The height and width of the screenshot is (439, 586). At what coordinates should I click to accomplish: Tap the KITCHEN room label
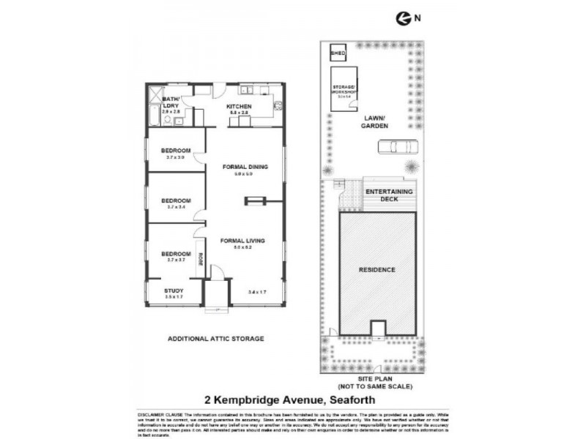click(x=240, y=107)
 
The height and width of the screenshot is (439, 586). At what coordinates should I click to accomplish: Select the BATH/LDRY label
click(x=171, y=102)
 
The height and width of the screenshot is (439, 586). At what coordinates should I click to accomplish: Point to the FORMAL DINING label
click(x=245, y=166)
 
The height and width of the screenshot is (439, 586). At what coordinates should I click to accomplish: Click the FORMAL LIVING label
click(x=242, y=240)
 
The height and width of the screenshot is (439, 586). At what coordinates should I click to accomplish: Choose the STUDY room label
click(x=174, y=291)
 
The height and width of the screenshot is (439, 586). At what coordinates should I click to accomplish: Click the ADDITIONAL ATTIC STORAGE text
click(x=215, y=339)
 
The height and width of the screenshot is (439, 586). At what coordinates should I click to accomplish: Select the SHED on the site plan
click(x=337, y=54)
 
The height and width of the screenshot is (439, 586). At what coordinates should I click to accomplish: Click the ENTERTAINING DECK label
click(x=389, y=195)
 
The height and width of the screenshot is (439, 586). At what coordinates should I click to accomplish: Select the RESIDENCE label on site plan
click(x=377, y=269)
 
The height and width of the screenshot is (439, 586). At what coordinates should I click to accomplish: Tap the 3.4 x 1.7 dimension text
click(x=258, y=291)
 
